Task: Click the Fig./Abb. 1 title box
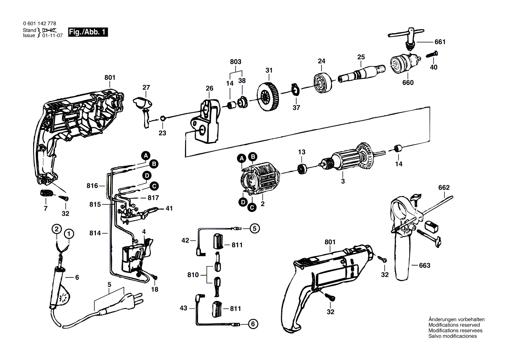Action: tap(88, 32)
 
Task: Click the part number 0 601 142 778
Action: tap(40, 24)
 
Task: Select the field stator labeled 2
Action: tap(260, 180)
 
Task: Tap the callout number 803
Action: tap(236, 62)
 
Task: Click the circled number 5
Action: tap(254, 228)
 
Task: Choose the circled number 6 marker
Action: tap(253, 324)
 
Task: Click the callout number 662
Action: tap(444, 188)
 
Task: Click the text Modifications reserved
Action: tap(454, 325)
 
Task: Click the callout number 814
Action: tap(95, 233)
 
